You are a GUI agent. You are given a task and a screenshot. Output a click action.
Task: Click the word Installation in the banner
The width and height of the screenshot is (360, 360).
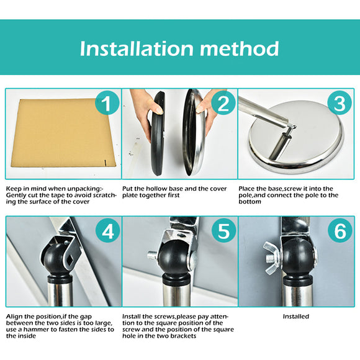137,48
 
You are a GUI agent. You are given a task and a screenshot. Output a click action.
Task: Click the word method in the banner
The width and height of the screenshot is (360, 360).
240,48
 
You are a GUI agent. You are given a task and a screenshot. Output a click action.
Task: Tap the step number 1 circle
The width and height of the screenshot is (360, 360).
107,103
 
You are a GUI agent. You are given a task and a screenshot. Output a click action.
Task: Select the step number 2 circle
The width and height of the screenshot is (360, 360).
223,103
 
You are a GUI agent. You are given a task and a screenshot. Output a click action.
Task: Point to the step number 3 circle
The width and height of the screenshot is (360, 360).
340,103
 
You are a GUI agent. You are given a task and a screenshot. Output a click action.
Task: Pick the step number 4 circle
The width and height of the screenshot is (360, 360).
107,230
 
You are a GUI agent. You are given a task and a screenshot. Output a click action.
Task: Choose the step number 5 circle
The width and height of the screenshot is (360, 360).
223,230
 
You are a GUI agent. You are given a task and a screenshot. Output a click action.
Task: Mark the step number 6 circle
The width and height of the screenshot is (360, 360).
340,230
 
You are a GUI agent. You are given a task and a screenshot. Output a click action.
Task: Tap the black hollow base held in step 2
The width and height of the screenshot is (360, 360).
158,133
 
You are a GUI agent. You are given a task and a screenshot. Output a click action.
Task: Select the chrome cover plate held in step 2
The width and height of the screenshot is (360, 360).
194,132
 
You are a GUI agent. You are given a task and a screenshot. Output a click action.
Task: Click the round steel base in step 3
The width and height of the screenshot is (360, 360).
297,137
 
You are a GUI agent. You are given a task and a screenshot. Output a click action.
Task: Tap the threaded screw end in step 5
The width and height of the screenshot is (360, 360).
153,255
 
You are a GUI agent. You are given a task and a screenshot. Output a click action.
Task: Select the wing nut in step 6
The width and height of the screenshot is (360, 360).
272,258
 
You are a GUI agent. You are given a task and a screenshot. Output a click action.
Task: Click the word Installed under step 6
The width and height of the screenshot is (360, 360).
295,317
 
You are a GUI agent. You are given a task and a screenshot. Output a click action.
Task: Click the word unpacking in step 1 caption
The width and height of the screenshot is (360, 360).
81,189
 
